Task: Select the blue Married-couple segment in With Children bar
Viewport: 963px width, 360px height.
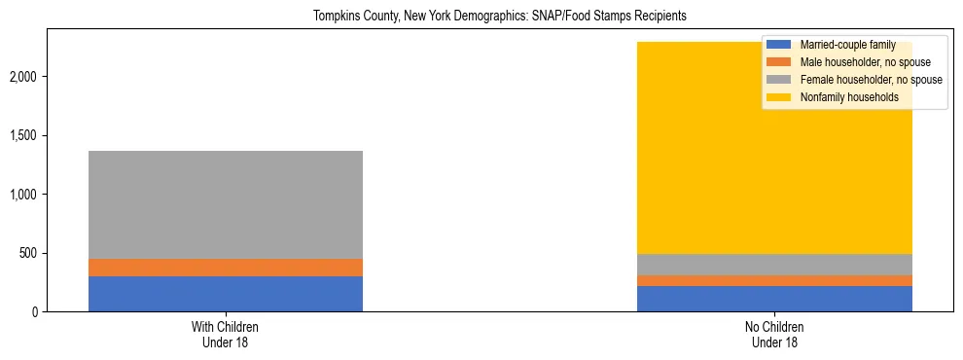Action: click(x=226, y=294)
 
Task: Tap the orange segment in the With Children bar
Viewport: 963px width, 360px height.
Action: click(x=226, y=268)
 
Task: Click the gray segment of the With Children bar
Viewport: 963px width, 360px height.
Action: click(x=226, y=204)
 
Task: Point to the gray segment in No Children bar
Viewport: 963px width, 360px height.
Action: click(x=774, y=265)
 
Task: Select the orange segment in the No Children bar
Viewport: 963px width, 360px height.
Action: click(x=774, y=281)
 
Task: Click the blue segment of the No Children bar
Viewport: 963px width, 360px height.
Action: click(x=774, y=299)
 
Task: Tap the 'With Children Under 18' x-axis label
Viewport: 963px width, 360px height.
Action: click(x=226, y=335)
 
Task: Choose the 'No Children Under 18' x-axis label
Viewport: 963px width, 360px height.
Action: click(x=774, y=335)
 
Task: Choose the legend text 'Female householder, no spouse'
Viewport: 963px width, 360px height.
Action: click(x=871, y=80)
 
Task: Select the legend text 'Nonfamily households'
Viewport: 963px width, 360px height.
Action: click(x=849, y=97)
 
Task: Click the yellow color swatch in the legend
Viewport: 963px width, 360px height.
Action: click(x=779, y=97)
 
